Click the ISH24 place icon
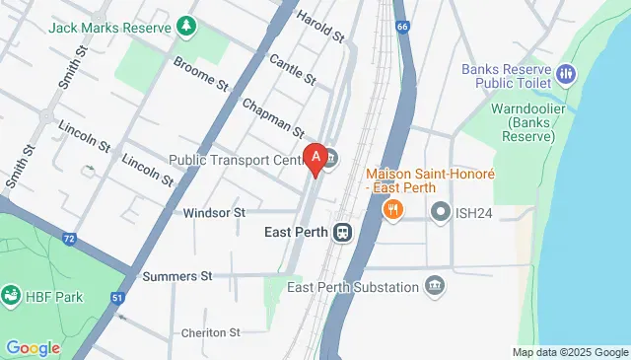440,211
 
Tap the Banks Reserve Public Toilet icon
566,74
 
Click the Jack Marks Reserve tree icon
185,25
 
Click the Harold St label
320,29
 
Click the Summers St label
178,276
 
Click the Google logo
33,347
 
